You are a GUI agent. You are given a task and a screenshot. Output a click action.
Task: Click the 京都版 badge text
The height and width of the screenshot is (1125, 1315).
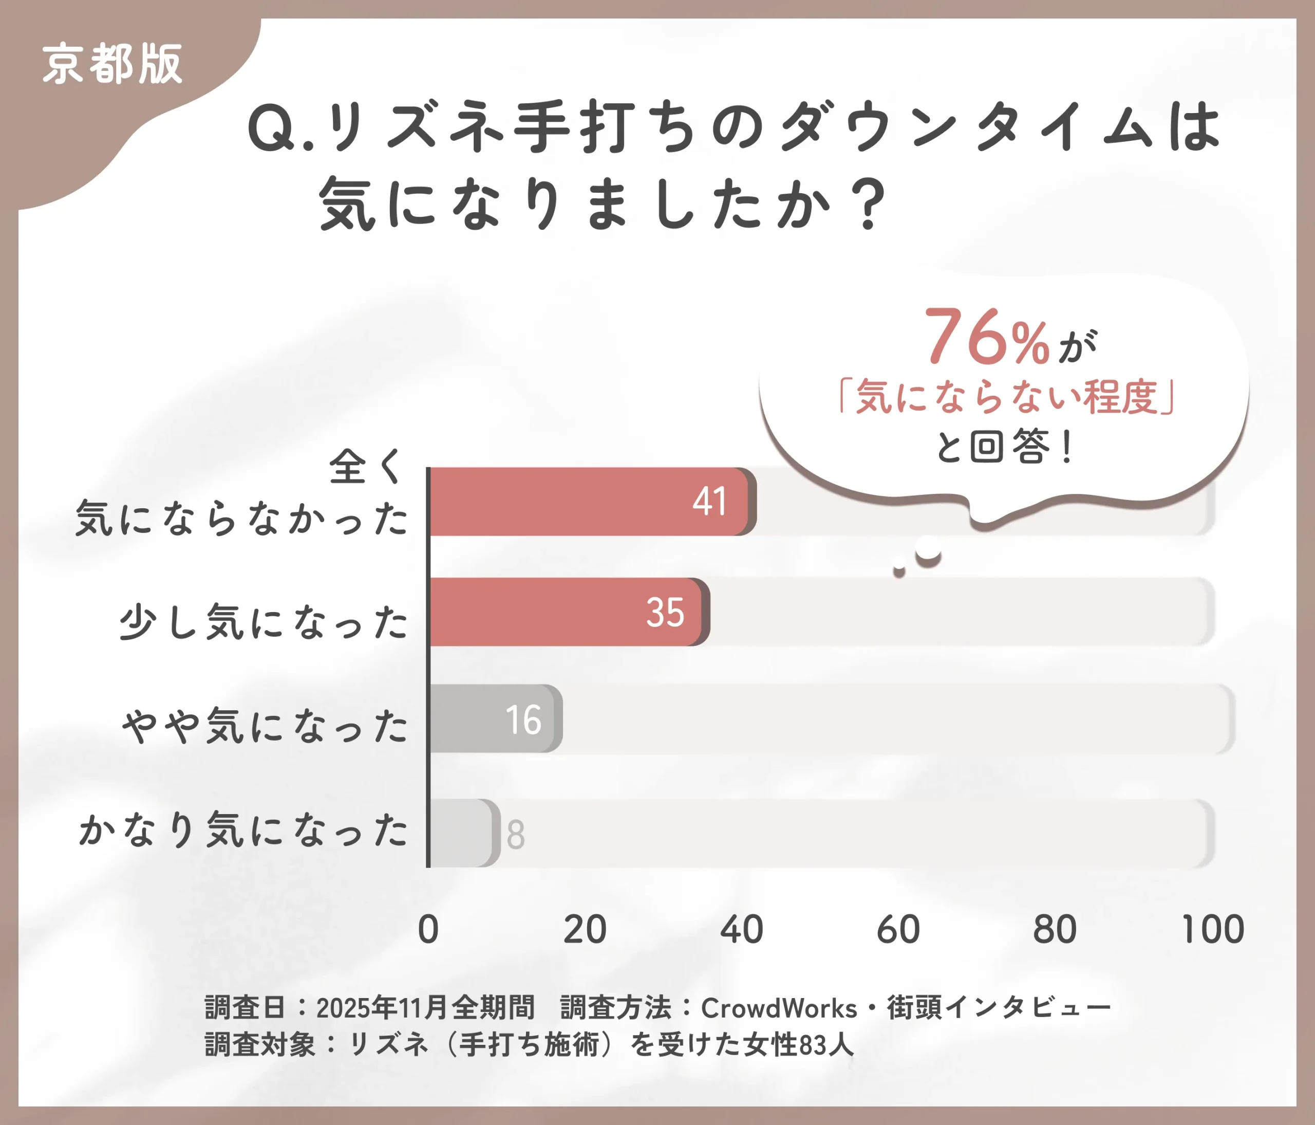coord(112,64)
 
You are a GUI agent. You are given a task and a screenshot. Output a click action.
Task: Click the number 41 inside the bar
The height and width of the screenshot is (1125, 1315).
coord(709,502)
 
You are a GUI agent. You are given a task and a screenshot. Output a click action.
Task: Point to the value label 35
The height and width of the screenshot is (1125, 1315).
coord(665,613)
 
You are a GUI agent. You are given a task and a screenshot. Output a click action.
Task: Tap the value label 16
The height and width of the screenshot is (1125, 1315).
coord(523,720)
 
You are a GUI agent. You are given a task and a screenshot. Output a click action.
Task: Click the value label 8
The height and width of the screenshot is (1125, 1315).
coord(515,834)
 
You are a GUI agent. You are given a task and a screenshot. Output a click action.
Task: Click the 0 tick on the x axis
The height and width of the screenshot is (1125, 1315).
coord(428,930)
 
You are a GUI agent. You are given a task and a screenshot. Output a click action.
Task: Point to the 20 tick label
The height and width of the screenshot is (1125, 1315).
coord(585,930)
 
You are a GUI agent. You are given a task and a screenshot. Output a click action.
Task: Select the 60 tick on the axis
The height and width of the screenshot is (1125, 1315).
coord(898,930)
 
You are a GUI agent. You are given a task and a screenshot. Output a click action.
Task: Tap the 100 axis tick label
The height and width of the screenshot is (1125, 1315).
coord(1213,930)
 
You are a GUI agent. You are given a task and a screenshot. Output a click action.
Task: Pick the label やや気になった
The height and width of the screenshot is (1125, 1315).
coord(265,725)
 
